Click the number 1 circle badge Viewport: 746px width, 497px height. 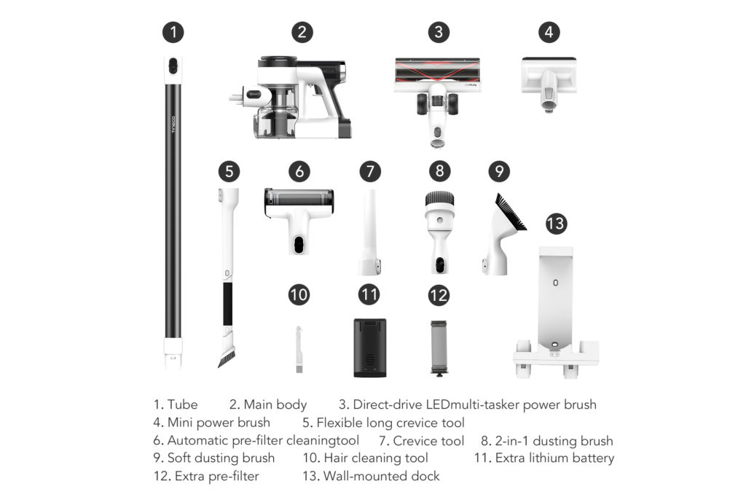[x=173, y=32]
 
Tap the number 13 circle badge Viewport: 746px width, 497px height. [x=555, y=222]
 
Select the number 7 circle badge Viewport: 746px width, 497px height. [x=370, y=171]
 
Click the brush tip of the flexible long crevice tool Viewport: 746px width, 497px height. [x=226, y=356]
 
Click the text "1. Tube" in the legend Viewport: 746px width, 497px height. [x=175, y=404]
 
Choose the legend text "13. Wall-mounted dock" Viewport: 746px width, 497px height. [x=371, y=477]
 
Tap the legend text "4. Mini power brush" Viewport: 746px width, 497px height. [x=211, y=423]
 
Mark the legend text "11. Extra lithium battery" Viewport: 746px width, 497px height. [x=543, y=458]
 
